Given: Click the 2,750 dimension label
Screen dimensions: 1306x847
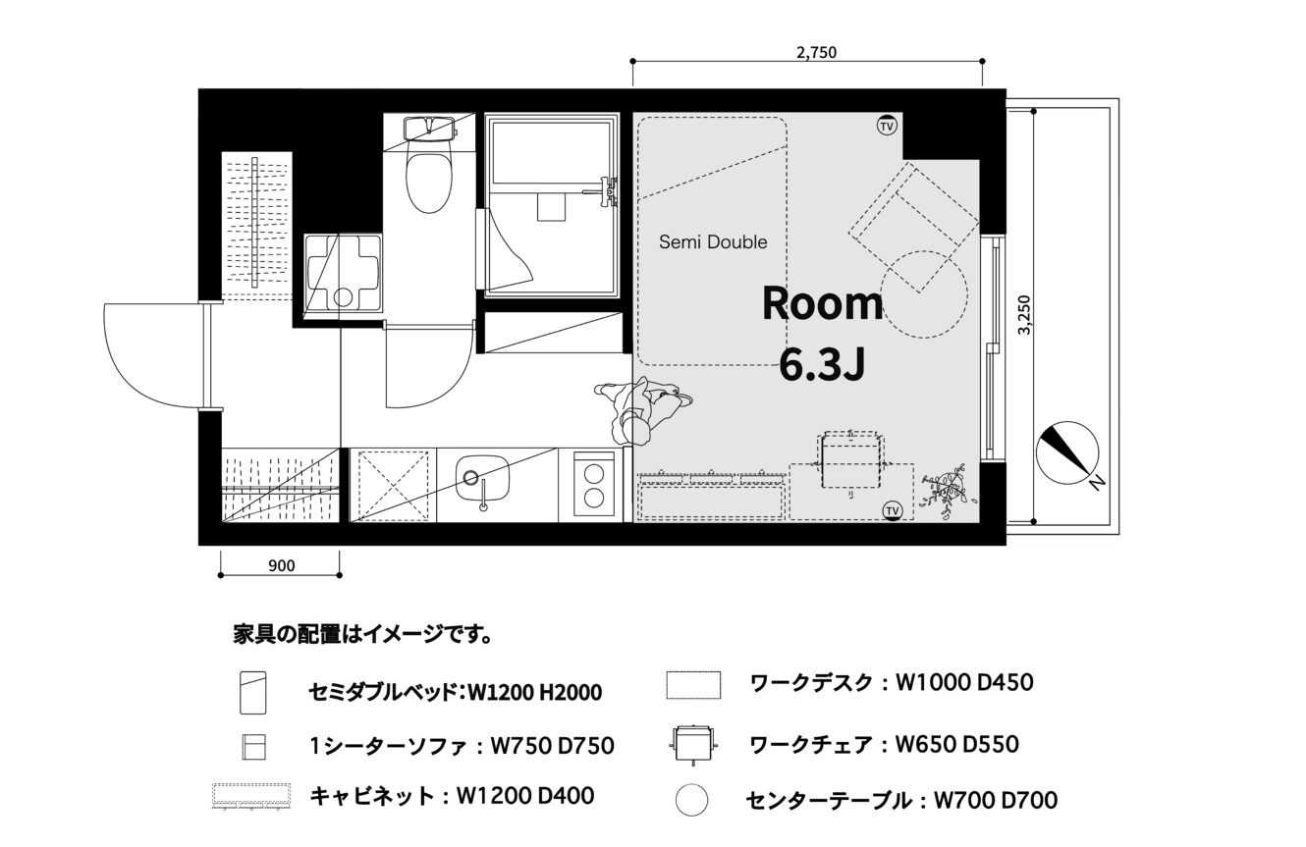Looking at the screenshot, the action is pos(816,52).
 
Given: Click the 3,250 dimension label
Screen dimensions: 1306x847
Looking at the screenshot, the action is pos(1024,315).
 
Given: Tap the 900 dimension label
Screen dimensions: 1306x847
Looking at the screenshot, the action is pos(282,565).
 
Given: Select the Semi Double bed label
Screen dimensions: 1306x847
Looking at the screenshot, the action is pos(713,241).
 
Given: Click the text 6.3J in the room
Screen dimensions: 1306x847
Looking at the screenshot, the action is pos(822,365).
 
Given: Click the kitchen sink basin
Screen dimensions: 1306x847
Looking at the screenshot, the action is pos(482,478).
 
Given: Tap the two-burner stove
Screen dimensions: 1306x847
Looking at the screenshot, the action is pos(594,485).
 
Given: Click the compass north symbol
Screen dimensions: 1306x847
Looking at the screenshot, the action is pos(1068,453).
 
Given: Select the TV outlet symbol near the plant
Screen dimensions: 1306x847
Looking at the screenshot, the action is pos(892,510).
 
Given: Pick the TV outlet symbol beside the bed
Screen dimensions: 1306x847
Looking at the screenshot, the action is pos(886,126).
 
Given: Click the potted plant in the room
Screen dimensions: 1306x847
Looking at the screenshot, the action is pos(945,491).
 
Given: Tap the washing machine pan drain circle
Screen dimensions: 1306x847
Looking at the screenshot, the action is pos(343,297).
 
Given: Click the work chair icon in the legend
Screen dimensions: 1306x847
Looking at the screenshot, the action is pos(693,743).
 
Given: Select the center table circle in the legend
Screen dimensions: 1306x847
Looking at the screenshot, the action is pos(692,800).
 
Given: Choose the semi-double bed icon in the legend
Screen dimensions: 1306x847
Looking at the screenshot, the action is pos(253,693).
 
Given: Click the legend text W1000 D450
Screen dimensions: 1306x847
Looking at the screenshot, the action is pos(964,682).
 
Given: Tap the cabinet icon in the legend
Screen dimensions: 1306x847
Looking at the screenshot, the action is pos(251,797).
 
